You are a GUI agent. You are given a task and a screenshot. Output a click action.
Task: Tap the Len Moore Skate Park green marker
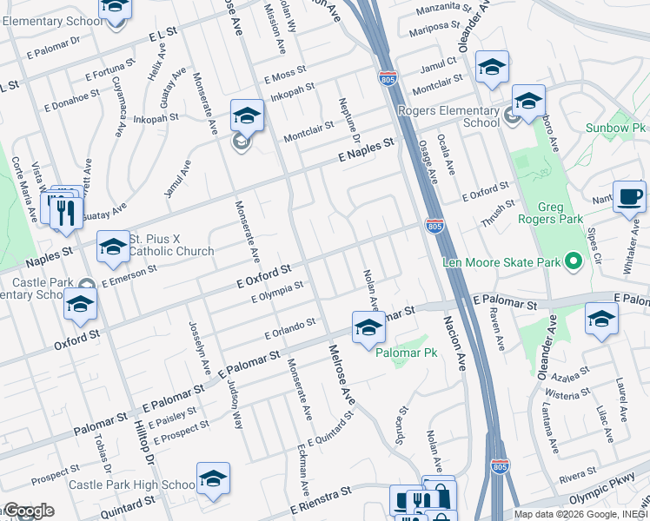pos(573,260)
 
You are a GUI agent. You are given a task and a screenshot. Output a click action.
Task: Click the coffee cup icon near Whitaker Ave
pos(628,196)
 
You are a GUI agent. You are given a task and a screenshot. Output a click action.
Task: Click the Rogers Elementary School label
pos(449,116)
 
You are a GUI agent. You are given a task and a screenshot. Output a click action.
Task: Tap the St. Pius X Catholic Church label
pos(171,245)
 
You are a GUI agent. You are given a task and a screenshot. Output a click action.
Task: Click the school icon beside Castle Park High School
pos(213,478)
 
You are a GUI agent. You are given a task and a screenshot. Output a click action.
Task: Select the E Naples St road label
pos(366,152)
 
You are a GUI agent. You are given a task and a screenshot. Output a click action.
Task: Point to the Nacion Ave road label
pos(455,346)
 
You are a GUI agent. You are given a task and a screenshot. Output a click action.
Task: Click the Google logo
pos(28,511)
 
